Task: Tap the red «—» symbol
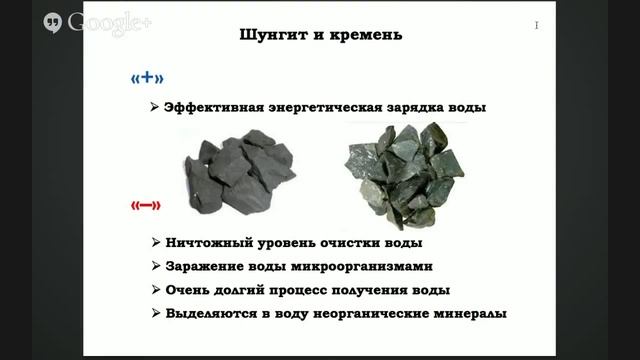[146, 206]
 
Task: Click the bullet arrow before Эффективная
[153, 108]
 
